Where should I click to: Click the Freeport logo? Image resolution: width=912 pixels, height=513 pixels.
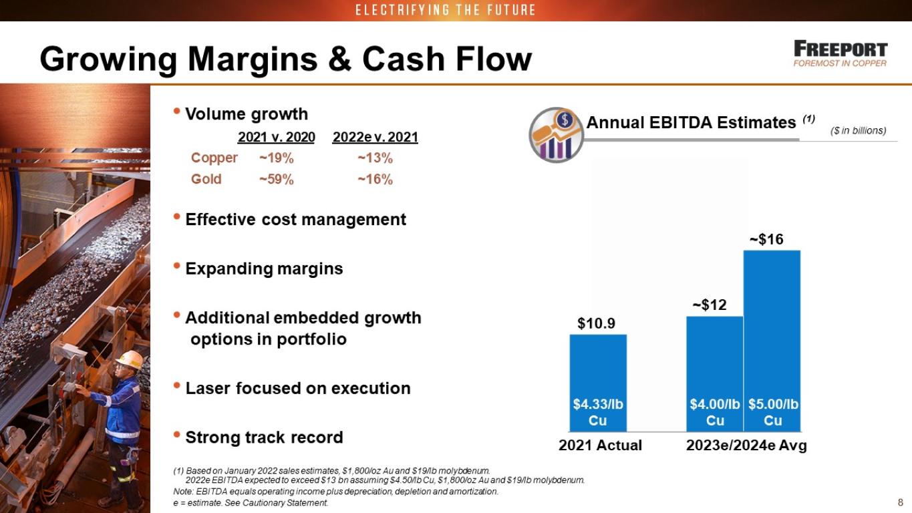point(841,53)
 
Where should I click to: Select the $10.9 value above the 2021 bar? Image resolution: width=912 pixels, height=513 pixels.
point(596,323)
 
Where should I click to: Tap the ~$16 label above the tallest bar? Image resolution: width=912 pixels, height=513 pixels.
point(766,239)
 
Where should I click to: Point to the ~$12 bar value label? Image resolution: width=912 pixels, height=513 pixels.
point(710,305)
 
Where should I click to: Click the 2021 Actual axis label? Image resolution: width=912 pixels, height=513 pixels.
point(600,445)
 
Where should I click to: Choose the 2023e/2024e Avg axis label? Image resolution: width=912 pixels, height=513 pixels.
point(746,445)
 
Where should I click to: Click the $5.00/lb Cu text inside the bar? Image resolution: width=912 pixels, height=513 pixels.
point(773,412)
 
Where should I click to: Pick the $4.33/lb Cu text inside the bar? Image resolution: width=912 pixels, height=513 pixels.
point(598,412)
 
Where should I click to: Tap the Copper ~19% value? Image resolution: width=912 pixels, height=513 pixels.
point(277,158)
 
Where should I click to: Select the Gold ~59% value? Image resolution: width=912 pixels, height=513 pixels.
point(277,179)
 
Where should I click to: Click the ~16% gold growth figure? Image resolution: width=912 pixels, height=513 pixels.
point(375,179)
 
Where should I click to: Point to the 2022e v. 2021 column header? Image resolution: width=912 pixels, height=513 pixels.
point(375,137)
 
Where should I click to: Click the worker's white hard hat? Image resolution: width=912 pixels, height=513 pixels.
point(130,359)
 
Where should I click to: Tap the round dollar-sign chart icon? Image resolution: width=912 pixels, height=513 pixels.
point(556,135)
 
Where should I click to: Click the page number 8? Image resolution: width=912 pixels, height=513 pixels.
point(901,502)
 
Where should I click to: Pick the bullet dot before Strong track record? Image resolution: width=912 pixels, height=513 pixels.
point(176,435)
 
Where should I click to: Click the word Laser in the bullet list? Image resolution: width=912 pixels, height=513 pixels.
point(207,388)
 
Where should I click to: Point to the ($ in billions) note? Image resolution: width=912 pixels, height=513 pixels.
point(859,131)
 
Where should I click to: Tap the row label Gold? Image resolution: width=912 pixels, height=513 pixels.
point(206,179)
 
